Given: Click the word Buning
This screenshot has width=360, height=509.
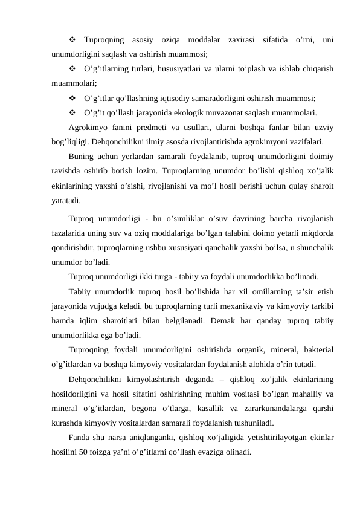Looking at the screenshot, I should coord(82,156).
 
